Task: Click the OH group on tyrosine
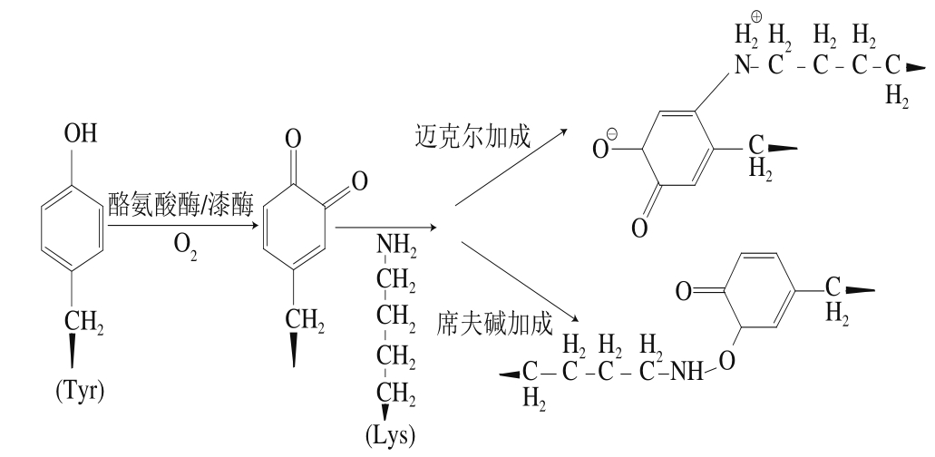[x=81, y=133]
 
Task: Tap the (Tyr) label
[x=80, y=392]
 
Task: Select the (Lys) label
[x=391, y=436]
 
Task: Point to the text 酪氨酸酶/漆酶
[x=180, y=205]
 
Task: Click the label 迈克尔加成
[x=472, y=136]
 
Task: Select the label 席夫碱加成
[x=495, y=324]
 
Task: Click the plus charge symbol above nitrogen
[x=756, y=16]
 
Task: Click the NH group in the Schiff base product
[x=687, y=373]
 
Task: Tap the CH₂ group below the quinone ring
[x=305, y=321]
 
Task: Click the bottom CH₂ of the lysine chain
[x=396, y=394]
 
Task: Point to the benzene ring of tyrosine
[x=73, y=228]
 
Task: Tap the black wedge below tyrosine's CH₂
[x=73, y=352]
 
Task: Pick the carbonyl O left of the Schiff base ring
[x=684, y=291]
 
